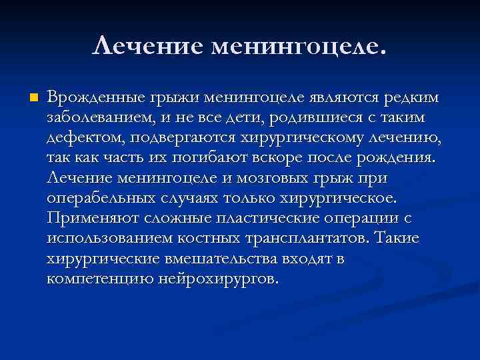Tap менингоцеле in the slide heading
[297, 46]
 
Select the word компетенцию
[101, 279]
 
